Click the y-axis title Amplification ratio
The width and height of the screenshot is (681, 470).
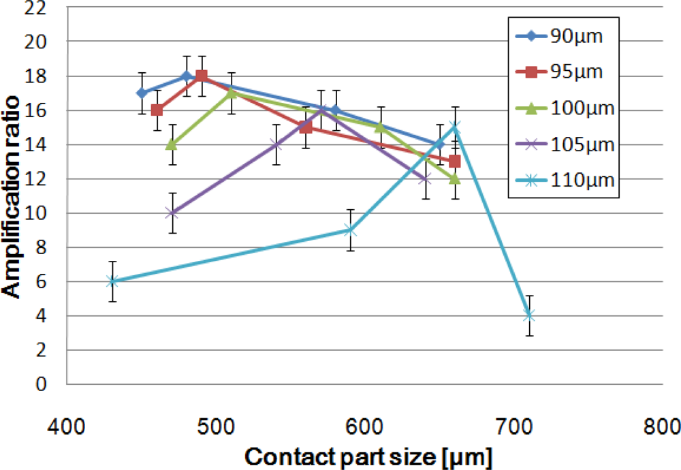click(x=13, y=196)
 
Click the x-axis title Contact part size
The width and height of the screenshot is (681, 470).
click(x=368, y=456)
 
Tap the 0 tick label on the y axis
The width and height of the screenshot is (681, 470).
click(x=42, y=385)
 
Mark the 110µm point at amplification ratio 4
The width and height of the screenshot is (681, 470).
click(x=529, y=315)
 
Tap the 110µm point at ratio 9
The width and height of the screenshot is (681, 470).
click(x=349, y=230)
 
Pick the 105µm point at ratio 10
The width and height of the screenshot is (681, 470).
click(x=172, y=213)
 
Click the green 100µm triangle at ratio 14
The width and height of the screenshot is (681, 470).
click(x=172, y=144)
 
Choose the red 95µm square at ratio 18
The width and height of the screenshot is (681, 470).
click(x=202, y=76)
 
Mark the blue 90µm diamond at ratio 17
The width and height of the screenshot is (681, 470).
click(x=142, y=93)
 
